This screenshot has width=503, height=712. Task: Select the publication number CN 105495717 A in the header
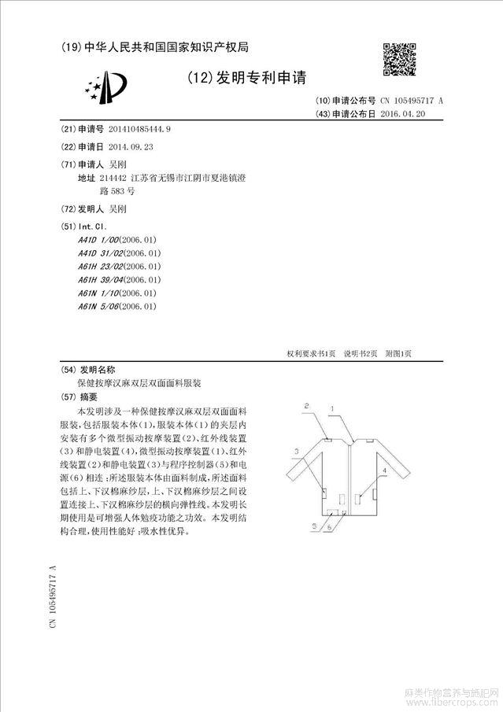[412, 101]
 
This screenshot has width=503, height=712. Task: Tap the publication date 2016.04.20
[403, 114]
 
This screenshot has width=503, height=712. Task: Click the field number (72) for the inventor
[68, 209]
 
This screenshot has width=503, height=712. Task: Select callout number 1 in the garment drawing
[333, 408]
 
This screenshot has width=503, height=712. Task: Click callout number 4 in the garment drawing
[383, 469]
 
